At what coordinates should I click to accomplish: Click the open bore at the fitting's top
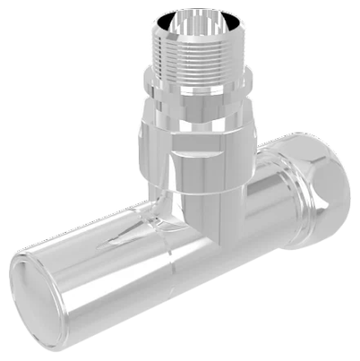click(192, 23)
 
